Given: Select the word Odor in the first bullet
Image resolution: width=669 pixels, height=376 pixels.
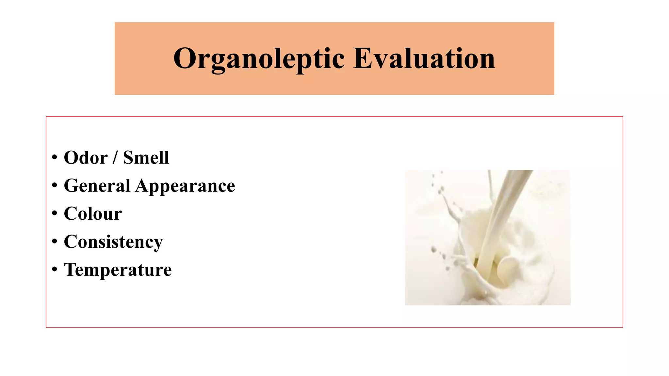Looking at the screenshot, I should tap(86, 158).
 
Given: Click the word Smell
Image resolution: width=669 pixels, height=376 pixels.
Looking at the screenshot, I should tap(146, 158).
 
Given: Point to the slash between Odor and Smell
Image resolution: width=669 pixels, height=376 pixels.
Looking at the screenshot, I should tap(115, 158).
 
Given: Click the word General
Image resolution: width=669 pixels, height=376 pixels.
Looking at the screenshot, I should tap(97, 186).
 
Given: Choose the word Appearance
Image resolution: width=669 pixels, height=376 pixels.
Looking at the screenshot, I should tap(185, 186).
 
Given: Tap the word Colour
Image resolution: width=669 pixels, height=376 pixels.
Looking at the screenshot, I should tap(93, 214).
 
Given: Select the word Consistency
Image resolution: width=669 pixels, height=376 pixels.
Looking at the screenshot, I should tap(113, 242).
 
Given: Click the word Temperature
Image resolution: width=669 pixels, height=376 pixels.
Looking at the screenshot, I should tap(118, 270).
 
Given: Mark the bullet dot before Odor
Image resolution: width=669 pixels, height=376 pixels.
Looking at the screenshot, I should tap(55, 158).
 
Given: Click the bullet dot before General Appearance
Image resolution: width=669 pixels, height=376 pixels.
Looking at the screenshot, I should tap(55, 186).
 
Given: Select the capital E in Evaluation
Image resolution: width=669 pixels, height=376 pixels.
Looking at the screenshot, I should tap(363, 59).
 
